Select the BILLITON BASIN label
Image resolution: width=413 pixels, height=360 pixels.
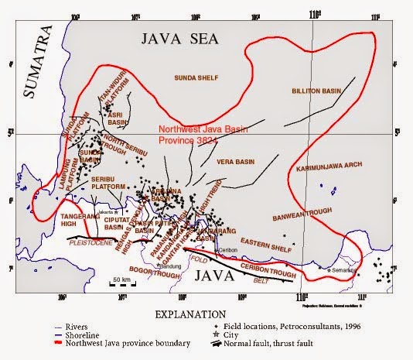316,91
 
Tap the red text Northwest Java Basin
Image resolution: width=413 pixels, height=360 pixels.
198,130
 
